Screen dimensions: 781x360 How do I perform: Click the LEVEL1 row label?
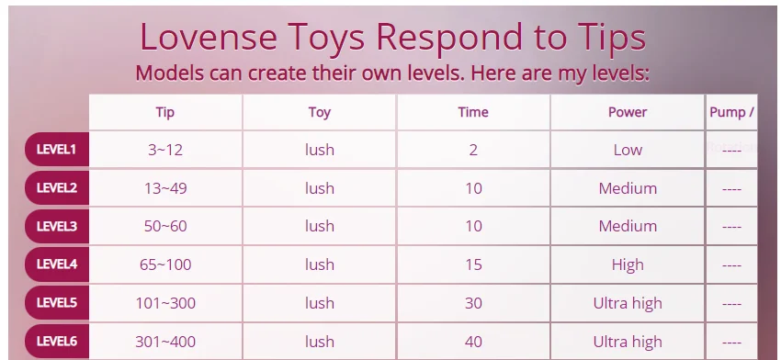(56, 150)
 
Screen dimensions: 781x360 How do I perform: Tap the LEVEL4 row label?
(56, 264)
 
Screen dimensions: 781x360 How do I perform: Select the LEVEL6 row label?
(56, 341)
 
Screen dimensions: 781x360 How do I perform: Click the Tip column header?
(164, 113)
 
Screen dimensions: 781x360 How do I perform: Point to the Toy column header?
(319, 113)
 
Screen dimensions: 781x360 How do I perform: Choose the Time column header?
(473, 112)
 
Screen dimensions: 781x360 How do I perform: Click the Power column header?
(628, 112)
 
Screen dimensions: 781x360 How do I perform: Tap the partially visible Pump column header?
(731, 112)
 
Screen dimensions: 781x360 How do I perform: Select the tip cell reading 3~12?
(165, 150)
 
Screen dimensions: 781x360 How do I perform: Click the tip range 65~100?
(165, 264)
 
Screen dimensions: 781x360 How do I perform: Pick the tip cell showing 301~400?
(165, 342)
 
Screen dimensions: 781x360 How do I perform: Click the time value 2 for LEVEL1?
(473, 150)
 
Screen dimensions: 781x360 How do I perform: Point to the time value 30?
(473, 303)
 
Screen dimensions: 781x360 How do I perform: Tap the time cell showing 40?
(473, 342)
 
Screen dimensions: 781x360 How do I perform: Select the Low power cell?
(628, 150)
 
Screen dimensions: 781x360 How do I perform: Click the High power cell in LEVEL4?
(628, 264)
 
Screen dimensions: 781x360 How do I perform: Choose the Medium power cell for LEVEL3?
(628, 226)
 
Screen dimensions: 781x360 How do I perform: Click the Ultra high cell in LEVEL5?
(628, 303)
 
